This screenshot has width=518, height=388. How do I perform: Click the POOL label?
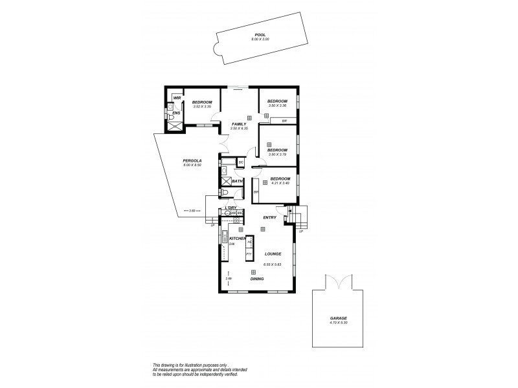pos(260,36)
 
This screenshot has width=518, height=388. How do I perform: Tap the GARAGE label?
pos(339,318)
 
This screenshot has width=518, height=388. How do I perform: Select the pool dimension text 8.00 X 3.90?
pos(260,40)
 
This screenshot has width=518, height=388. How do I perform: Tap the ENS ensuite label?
pos(175,113)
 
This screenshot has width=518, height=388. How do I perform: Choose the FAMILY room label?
pos(239,124)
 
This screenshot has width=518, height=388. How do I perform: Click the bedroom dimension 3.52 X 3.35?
pos(201,107)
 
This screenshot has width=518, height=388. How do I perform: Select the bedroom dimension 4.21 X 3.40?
pos(279,183)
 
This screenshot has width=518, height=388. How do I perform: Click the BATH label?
pos(236,182)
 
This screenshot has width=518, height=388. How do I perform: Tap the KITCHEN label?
pos(237,239)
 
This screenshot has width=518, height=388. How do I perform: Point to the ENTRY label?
pos(269,217)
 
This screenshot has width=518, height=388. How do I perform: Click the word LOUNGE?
pos(272,253)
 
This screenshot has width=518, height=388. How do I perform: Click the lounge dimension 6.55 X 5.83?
pos(273,264)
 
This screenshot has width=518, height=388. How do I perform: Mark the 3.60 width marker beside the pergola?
pos(192,210)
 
